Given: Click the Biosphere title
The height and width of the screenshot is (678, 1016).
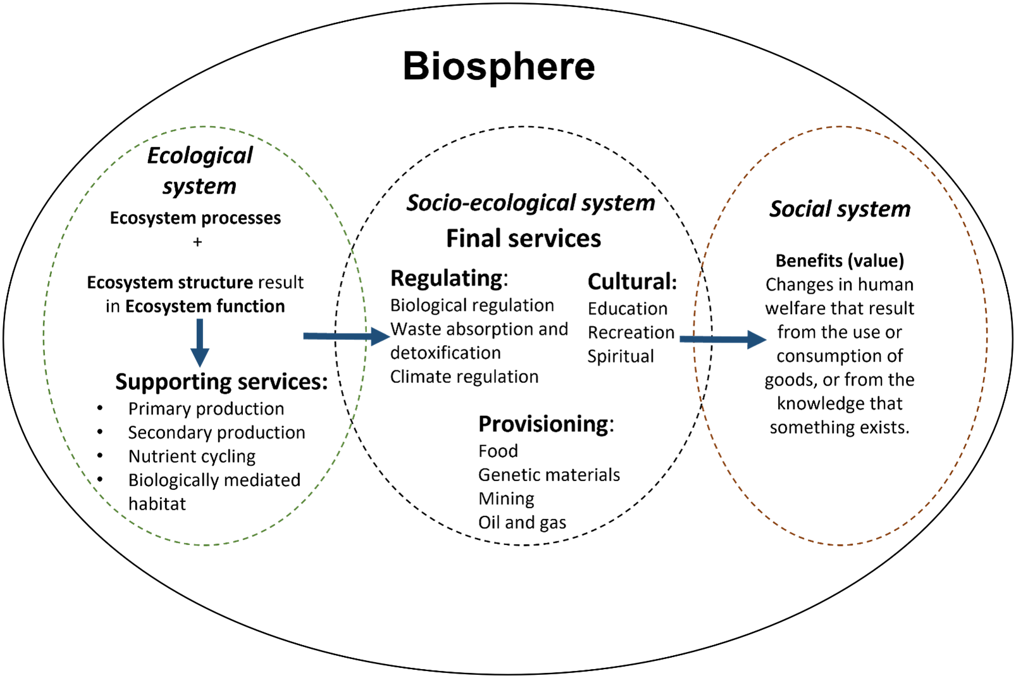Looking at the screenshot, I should click(x=499, y=66).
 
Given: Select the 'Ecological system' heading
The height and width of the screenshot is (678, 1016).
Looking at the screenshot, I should click(x=200, y=170).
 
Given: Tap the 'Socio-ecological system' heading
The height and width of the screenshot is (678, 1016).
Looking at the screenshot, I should click(x=530, y=203).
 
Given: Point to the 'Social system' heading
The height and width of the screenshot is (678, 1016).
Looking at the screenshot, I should click(x=839, y=209).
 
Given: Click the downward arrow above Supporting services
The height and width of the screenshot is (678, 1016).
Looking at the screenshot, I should click(x=200, y=342).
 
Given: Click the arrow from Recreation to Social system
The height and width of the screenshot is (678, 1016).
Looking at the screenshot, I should click(x=722, y=339).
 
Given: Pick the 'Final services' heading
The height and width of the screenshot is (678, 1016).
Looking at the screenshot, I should click(x=523, y=239).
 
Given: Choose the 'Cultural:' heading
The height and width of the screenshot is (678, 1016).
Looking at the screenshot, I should click(x=632, y=281).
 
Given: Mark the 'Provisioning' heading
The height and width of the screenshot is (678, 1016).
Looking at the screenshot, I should click(x=545, y=424).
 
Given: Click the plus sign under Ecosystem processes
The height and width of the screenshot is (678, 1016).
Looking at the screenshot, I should click(x=197, y=242).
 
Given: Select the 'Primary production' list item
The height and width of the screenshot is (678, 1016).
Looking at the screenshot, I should click(x=206, y=409).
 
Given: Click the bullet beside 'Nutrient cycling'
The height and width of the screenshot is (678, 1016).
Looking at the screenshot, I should click(x=100, y=456).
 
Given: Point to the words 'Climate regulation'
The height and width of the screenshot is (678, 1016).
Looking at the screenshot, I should click(x=464, y=377).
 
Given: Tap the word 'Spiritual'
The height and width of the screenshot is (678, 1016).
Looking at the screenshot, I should click(x=620, y=356).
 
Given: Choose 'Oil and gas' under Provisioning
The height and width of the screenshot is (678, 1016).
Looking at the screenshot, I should click(x=522, y=522).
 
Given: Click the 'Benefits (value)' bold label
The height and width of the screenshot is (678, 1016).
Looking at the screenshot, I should click(x=839, y=261).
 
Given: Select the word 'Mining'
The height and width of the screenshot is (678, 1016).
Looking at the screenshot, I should click(x=506, y=499).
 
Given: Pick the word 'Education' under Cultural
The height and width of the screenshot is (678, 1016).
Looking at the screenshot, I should click(x=627, y=309).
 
